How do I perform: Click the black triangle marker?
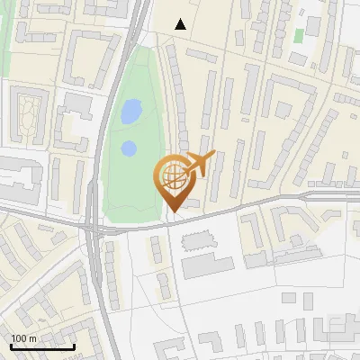point(181,24)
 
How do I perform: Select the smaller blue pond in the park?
point(129,148)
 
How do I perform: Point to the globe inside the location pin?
point(171,172)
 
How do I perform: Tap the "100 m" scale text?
point(24,338)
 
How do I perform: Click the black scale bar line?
point(42,347)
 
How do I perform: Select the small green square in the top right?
point(299,35)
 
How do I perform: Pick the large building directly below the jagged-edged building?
point(207,266)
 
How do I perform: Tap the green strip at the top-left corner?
point(4,36)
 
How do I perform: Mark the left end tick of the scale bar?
point(11,346)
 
